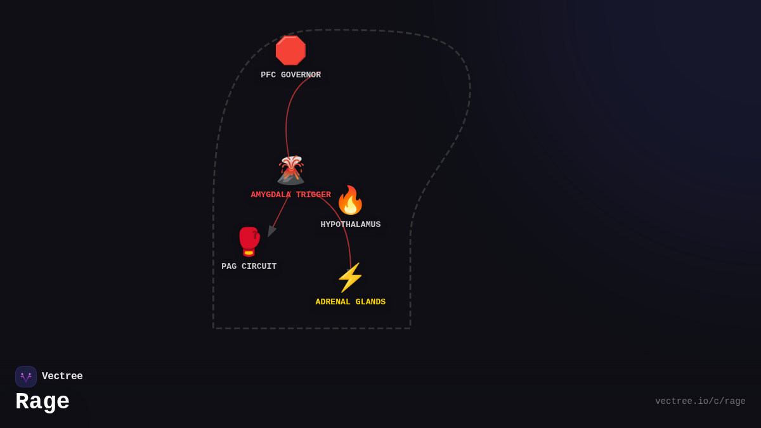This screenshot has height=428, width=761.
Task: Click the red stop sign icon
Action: click(290, 51)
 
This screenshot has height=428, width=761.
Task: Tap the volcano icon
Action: click(290, 170)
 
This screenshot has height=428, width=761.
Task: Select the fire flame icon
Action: click(350, 200)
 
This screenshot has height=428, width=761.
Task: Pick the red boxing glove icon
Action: click(249, 242)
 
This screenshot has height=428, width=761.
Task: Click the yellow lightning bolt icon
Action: click(350, 278)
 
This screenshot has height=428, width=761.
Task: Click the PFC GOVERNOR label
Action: click(290, 75)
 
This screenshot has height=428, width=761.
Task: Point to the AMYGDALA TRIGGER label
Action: click(290, 195)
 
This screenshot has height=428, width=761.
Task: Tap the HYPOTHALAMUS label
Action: click(350, 224)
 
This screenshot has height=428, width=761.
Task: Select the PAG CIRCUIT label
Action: click(249, 266)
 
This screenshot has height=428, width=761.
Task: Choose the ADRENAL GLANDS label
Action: click(350, 302)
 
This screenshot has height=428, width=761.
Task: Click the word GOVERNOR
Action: click(301, 75)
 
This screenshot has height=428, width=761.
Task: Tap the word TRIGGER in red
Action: click(313, 195)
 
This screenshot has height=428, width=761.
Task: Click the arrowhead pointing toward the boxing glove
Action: click(271, 231)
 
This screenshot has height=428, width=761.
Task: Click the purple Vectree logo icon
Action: click(26, 377)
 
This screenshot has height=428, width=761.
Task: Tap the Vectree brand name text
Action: click(62, 377)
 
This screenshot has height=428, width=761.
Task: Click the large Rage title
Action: click(42, 402)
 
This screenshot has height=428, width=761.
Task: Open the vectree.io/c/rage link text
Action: click(700, 401)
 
